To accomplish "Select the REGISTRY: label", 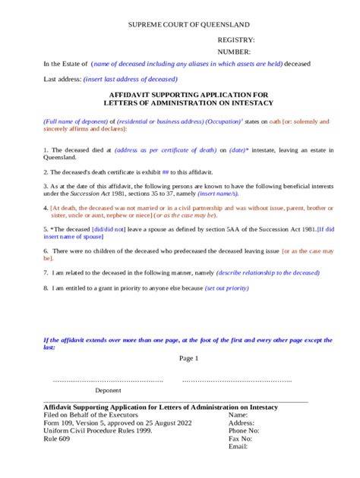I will pos(236,39).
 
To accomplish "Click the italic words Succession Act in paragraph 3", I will pos(84,194).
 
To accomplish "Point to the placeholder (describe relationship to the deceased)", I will pos(268,272).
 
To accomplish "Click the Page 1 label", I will pos(188,359).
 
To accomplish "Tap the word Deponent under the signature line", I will pos(108,391).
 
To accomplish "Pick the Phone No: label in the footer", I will pos(245,430).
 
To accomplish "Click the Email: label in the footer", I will pos(238,446).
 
